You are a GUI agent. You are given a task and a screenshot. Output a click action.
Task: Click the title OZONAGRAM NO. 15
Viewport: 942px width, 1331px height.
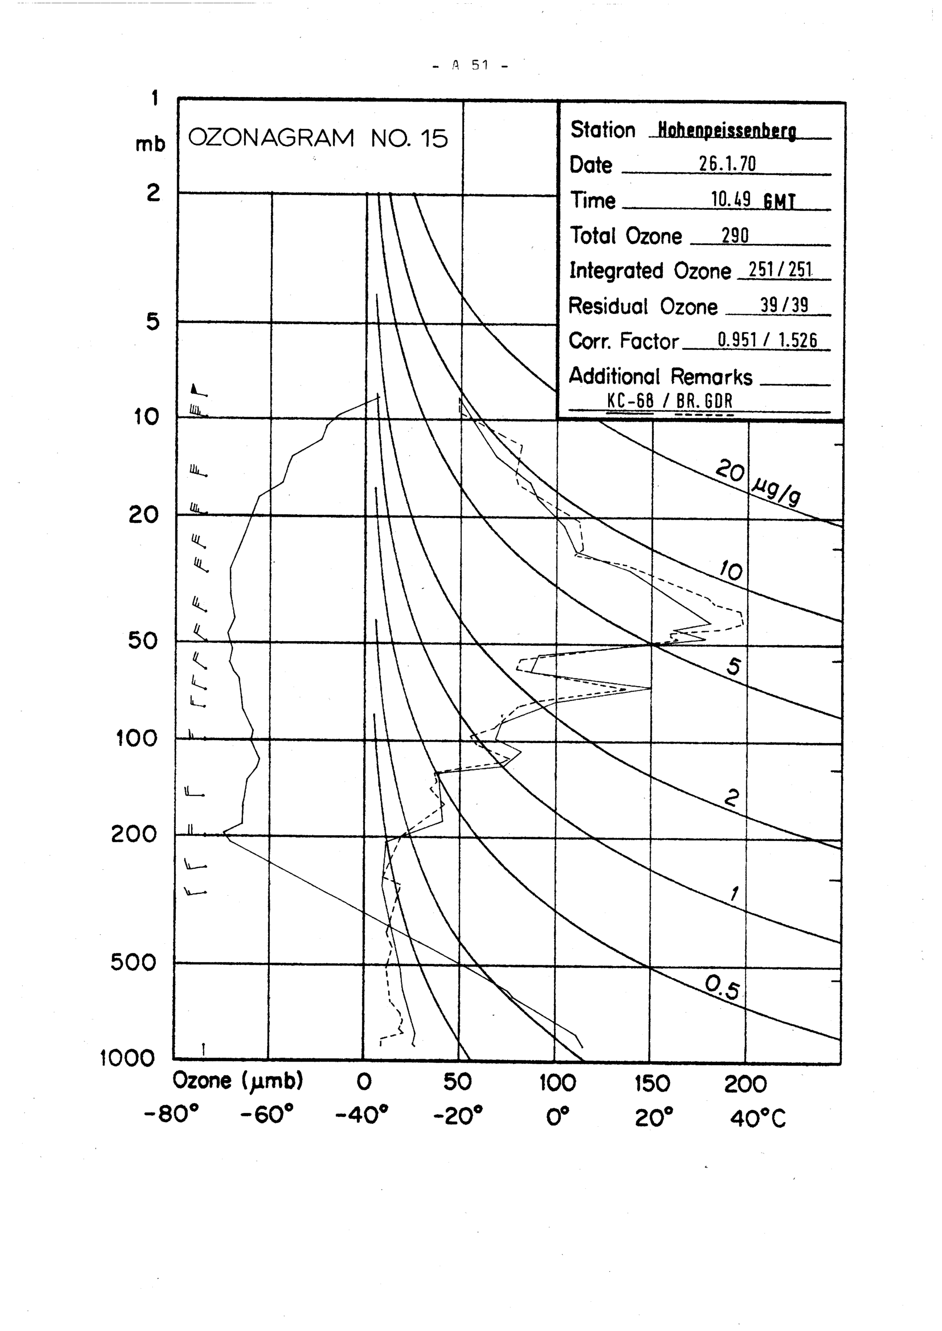click(x=318, y=138)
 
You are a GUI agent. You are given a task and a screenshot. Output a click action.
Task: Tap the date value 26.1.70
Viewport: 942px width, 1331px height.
click(x=727, y=165)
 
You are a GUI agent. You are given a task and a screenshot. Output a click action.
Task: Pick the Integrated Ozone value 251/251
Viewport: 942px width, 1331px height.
click(x=780, y=270)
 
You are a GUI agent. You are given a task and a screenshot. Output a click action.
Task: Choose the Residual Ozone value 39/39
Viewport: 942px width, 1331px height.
click(x=784, y=305)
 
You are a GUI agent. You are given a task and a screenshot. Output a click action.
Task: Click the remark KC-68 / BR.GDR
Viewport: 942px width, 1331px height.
click(x=670, y=401)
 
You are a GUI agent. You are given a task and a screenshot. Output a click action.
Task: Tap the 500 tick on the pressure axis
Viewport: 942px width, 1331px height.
click(x=133, y=963)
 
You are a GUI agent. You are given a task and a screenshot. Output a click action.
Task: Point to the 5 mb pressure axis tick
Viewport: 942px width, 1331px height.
click(x=152, y=321)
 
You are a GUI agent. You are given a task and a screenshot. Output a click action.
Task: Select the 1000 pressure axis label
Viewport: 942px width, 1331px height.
click(x=127, y=1059)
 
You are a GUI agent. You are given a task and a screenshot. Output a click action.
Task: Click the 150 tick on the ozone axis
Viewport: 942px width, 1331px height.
click(x=652, y=1083)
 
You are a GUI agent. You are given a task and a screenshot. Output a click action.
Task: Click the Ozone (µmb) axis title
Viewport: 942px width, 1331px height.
click(x=238, y=1081)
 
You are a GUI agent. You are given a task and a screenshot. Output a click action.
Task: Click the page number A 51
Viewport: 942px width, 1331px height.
click(x=471, y=65)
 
